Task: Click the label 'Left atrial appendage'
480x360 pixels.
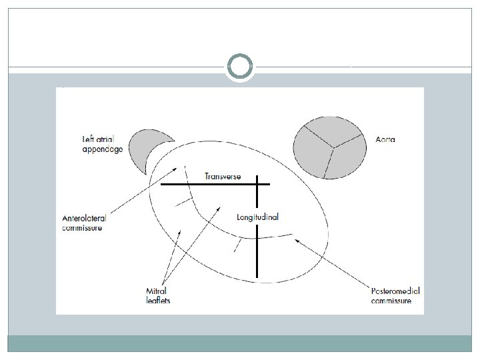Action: coord(102,145)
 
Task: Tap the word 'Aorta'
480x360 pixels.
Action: coord(385,139)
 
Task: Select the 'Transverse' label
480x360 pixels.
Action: coord(223,176)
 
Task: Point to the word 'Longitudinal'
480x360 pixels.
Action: coord(257,217)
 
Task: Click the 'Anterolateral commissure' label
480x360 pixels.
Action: coord(84,223)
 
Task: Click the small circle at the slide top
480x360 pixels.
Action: coord(240,67)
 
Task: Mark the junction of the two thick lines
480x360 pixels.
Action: coord(257,184)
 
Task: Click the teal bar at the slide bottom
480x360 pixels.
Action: coord(240,343)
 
